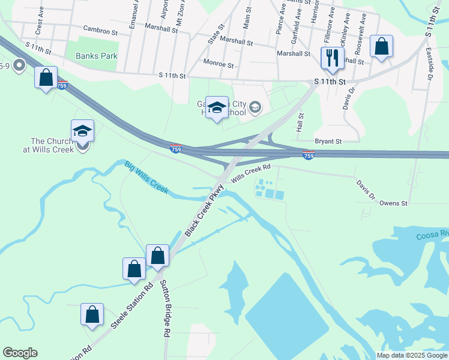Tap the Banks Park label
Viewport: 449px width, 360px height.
[x=96, y=56]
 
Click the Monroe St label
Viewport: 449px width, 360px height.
[x=218, y=64]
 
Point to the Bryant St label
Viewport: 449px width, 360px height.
[x=328, y=142]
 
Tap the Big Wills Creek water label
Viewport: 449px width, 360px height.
[x=146, y=177]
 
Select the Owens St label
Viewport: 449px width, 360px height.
[x=393, y=203]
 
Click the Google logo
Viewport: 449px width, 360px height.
[x=20, y=353]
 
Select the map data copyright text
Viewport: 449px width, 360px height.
[x=411, y=355]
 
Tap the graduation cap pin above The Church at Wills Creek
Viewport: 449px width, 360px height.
[x=83, y=131]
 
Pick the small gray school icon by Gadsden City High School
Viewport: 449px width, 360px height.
[x=255, y=107]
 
